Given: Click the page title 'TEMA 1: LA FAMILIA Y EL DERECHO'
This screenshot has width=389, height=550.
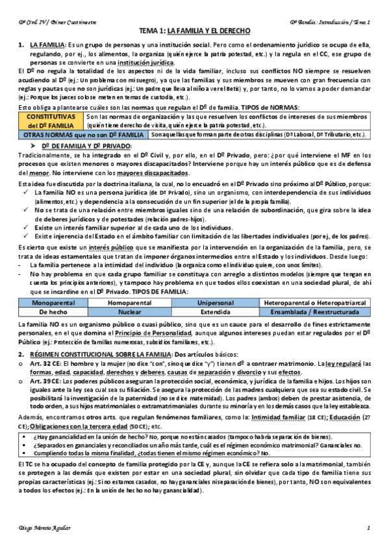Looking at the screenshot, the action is pos(195,32).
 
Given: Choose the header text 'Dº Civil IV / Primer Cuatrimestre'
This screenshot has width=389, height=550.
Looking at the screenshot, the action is pos(57,22).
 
